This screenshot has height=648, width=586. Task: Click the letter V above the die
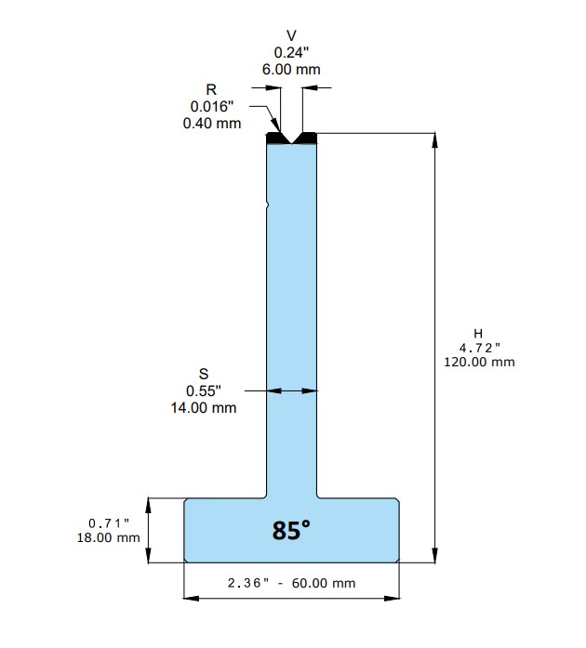291,36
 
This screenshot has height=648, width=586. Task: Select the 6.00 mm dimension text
291,70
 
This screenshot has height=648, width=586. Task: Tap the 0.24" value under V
291,52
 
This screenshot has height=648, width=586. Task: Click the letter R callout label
211,89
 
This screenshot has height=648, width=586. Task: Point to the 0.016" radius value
212,107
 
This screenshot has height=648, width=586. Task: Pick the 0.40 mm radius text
212,123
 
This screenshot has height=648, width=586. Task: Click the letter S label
204,374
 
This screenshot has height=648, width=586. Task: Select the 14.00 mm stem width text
204,408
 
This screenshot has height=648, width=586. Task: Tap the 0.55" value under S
204,391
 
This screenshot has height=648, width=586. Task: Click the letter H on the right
478,334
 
